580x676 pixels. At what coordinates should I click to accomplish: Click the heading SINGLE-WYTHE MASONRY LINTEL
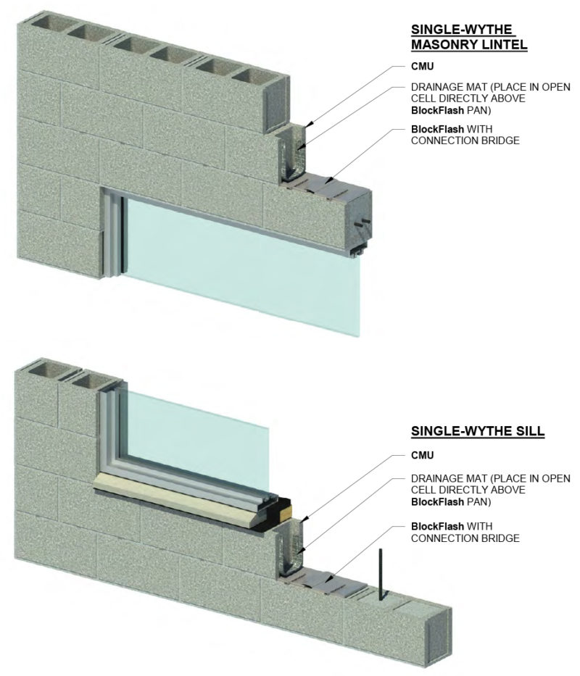pyautogui.click(x=468, y=37)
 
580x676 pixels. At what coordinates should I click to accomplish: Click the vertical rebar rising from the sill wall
pyautogui.click(x=378, y=573)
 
